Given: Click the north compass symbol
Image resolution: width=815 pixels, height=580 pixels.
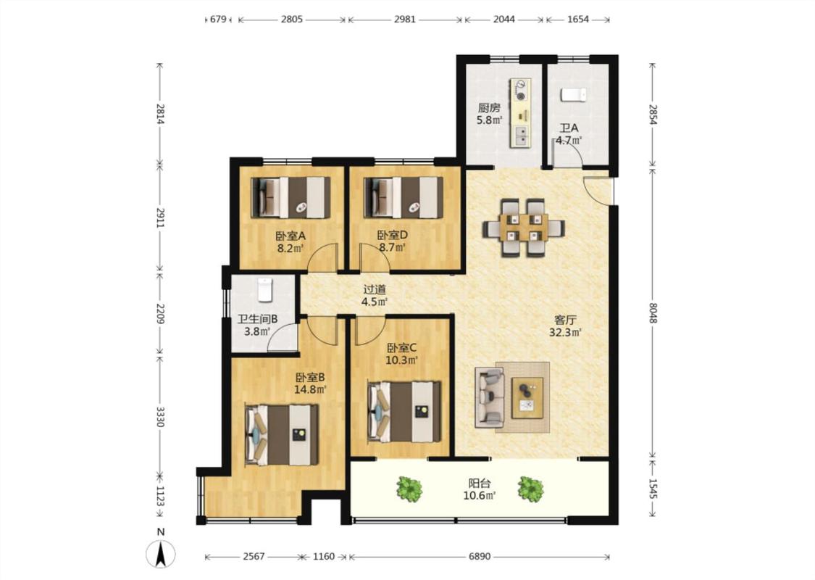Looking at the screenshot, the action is pyautogui.click(x=161, y=553).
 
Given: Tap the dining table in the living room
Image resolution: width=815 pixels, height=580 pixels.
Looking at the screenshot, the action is pyautogui.click(x=524, y=228).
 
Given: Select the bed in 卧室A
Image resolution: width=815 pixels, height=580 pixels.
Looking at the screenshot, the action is pyautogui.click(x=290, y=198).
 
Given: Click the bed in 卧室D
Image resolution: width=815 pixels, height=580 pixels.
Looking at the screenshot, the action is pyautogui.click(x=404, y=198).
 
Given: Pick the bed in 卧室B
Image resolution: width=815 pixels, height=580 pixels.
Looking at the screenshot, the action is pyautogui.click(x=281, y=435).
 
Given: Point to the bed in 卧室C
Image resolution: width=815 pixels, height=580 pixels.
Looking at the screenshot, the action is pyautogui.click(x=404, y=412).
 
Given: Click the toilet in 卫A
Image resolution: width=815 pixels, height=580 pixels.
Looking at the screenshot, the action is pyautogui.click(x=573, y=95).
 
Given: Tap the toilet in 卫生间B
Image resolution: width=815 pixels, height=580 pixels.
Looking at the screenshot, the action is pyautogui.click(x=265, y=290).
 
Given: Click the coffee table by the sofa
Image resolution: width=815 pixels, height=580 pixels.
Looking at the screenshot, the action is pyautogui.click(x=527, y=398).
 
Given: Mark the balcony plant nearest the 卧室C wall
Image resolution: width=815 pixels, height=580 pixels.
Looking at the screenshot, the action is pyautogui.click(x=409, y=489).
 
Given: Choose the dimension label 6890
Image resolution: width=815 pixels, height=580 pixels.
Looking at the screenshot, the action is pyautogui.click(x=480, y=557).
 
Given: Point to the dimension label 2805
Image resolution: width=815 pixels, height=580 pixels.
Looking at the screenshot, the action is pyautogui.click(x=292, y=20).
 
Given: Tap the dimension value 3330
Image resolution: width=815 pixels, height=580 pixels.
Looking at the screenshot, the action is pyautogui.click(x=159, y=417).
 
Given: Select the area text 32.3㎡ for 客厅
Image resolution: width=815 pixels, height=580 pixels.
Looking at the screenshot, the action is pyautogui.click(x=565, y=333).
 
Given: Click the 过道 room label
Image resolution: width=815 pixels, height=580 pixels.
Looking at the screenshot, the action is pyautogui.click(x=375, y=290).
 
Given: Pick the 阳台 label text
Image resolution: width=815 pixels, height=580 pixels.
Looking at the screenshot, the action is pyautogui.click(x=480, y=484).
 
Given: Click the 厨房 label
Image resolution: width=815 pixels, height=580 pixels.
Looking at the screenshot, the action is pyautogui.click(x=489, y=108).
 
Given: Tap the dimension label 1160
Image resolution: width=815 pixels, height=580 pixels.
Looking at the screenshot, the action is pyautogui.click(x=324, y=557).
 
